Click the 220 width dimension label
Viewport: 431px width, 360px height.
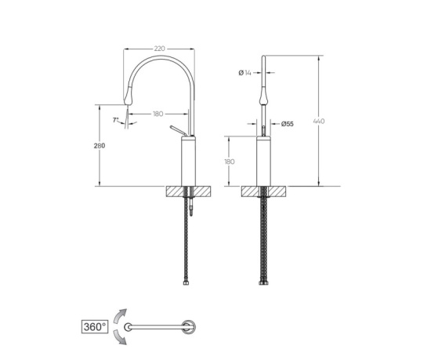(159, 49)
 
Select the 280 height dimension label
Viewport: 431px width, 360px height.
(100, 146)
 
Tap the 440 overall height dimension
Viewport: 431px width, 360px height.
(319, 121)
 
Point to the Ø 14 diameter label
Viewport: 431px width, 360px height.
(244, 73)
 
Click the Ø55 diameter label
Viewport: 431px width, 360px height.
(288, 124)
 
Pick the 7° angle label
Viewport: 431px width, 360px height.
(115, 120)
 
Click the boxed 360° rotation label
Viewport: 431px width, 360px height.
(95, 327)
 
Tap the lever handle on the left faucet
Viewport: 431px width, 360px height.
(178, 131)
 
